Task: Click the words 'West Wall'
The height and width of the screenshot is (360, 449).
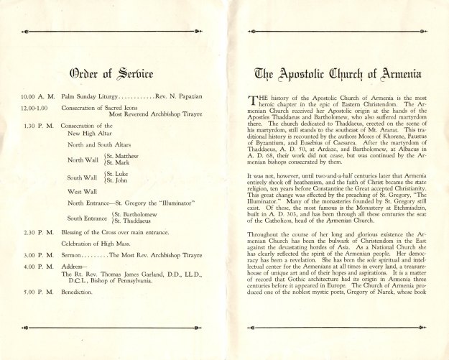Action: pos(83,192)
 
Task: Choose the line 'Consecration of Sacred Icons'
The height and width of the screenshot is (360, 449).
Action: pos(106,107)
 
